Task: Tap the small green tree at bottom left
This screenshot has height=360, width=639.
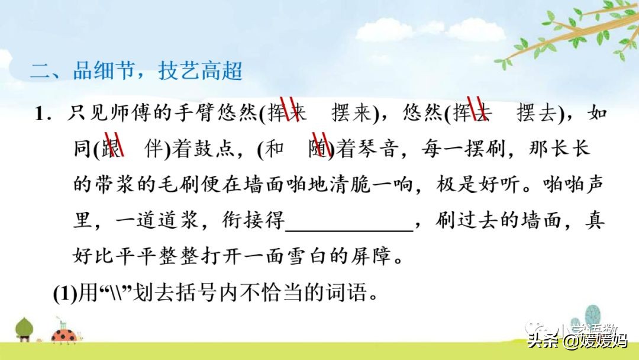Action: (24, 329)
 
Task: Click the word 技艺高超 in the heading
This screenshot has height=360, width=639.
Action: (201, 72)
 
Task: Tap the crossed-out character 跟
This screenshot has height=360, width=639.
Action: (111, 149)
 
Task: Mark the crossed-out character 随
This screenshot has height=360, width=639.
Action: (320, 149)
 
